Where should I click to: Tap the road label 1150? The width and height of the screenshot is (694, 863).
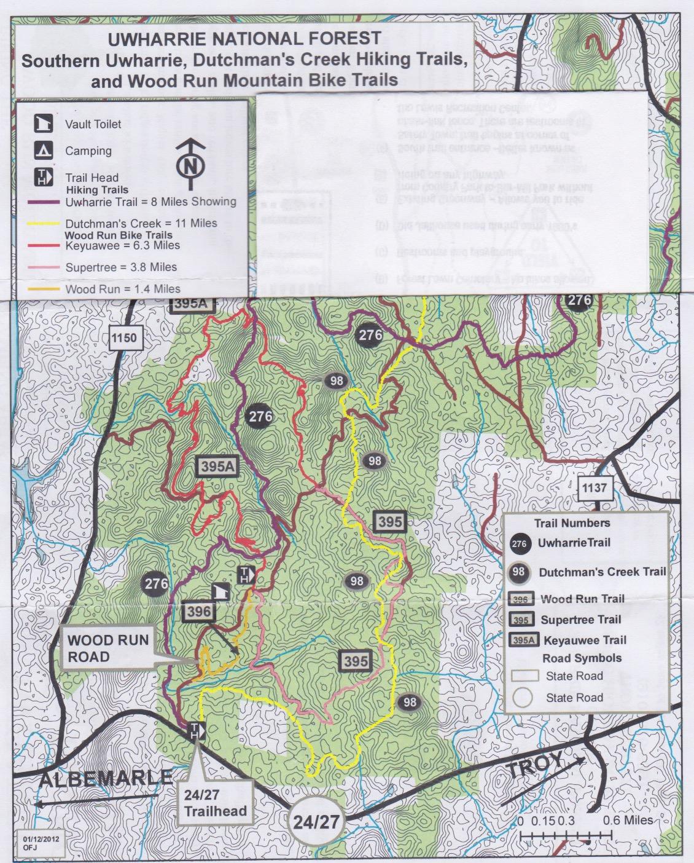(x=124, y=337)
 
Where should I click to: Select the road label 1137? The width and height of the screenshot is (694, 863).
(x=594, y=489)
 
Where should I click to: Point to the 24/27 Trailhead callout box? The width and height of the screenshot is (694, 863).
(x=215, y=803)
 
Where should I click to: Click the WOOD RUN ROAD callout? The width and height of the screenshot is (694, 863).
(x=108, y=648)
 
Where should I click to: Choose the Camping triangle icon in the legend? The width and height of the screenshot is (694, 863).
(x=42, y=151)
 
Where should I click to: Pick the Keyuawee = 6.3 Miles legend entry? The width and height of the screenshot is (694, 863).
(x=122, y=246)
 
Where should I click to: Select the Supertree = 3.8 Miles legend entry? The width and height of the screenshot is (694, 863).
(x=121, y=267)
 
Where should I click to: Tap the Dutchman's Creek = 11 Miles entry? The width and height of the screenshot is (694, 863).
(x=141, y=224)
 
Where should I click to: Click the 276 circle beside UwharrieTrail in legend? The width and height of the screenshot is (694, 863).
(x=519, y=543)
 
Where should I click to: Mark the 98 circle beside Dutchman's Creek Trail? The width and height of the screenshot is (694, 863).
(x=519, y=572)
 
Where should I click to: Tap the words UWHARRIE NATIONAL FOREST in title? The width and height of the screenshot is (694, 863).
(x=244, y=39)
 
